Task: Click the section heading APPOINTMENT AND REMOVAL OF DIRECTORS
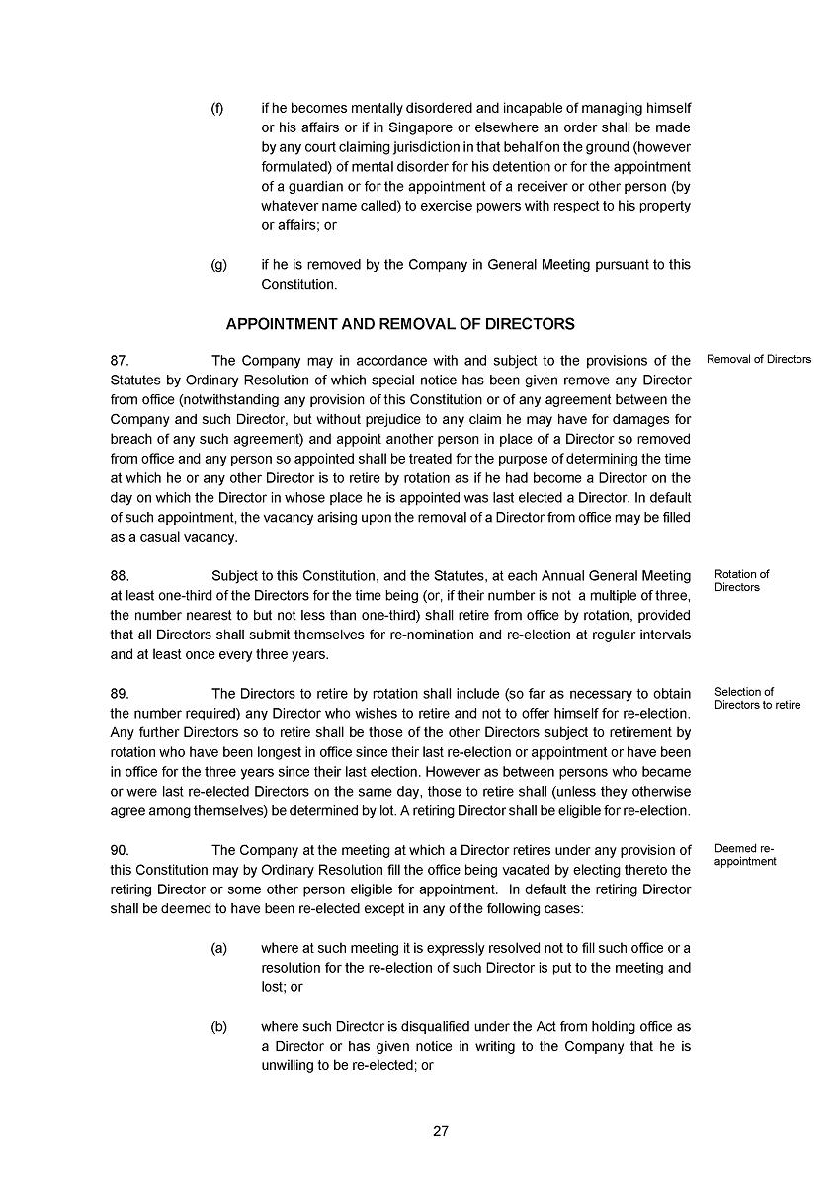[x=400, y=324]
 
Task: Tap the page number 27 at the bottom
[x=441, y=1132]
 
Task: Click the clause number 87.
[x=120, y=360]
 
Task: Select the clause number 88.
[x=120, y=575]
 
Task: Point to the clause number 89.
[x=120, y=693]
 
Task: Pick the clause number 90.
[x=120, y=850]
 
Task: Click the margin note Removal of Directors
[x=759, y=359]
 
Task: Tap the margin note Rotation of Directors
[x=741, y=581]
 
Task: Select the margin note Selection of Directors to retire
[x=757, y=698]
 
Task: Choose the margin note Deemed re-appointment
[x=745, y=855]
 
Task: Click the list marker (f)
[x=217, y=108]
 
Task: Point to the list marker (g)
[x=218, y=265]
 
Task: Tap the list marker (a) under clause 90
[x=218, y=948]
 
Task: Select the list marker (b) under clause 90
[x=218, y=1027]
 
